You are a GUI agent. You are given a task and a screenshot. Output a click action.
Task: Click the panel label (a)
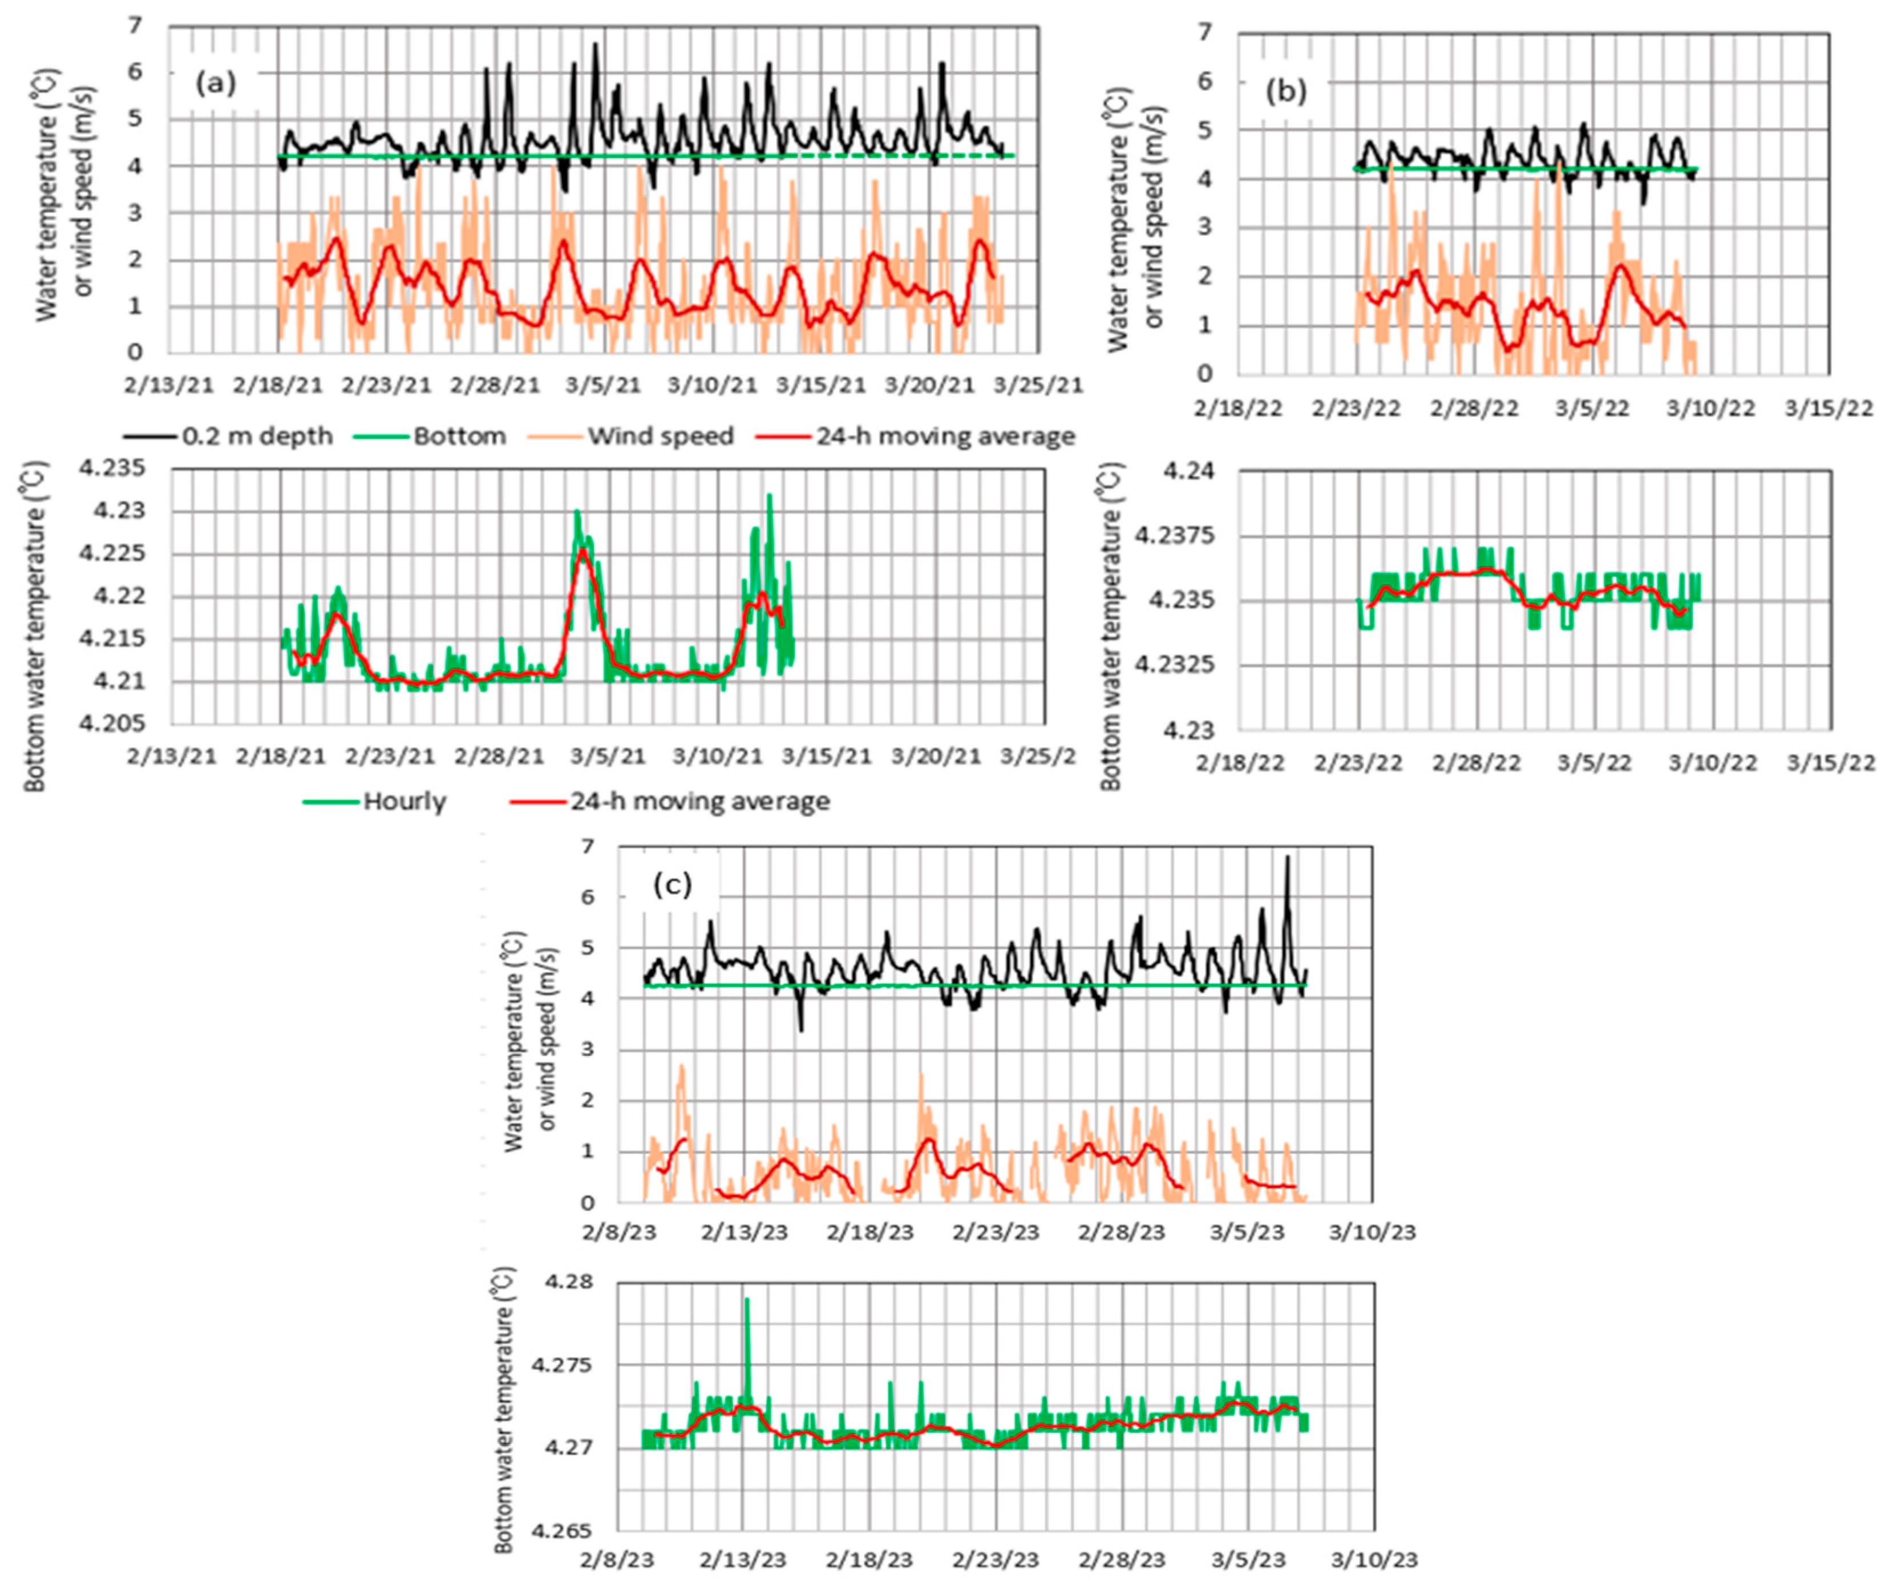(215, 84)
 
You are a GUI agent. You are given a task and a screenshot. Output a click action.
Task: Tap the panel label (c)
(673, 884)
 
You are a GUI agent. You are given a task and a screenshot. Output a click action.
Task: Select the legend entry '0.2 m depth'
(256, 437)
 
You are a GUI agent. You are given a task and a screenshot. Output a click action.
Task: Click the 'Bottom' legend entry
(459, 437)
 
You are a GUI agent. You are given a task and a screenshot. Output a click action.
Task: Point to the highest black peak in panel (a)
(594, 45)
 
